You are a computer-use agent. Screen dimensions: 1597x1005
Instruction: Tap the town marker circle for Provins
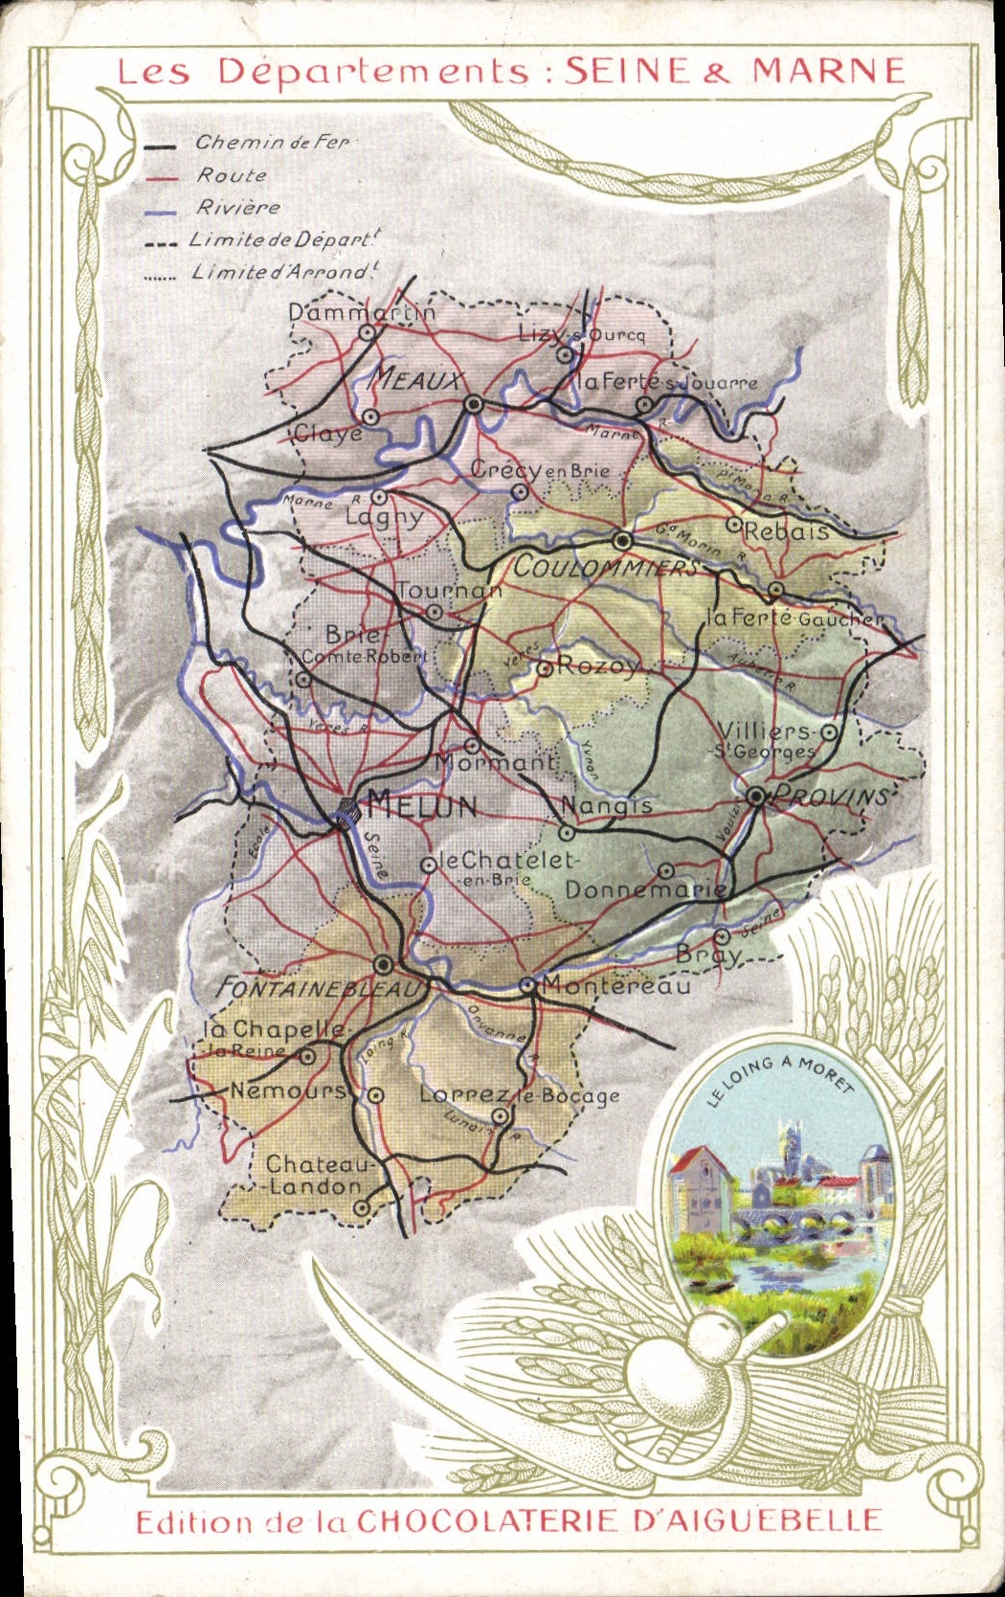[756, 796]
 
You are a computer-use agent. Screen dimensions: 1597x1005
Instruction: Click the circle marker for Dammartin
[367, 332]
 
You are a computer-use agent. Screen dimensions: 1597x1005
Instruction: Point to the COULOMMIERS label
[606, 567]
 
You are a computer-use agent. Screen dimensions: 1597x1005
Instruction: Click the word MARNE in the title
[828, 72]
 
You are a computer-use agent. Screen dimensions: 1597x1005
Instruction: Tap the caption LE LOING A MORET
[780, 1080]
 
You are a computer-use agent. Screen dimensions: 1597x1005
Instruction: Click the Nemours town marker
[377, 1095]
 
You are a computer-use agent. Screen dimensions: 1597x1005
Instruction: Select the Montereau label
[616, 985]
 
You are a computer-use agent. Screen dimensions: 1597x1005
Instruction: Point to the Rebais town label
[786, 531]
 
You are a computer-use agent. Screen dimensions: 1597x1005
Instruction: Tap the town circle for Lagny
[379, 498]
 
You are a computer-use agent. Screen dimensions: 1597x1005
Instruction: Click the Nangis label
[607, 805]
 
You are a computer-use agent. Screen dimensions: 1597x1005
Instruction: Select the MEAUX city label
[417, 380]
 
